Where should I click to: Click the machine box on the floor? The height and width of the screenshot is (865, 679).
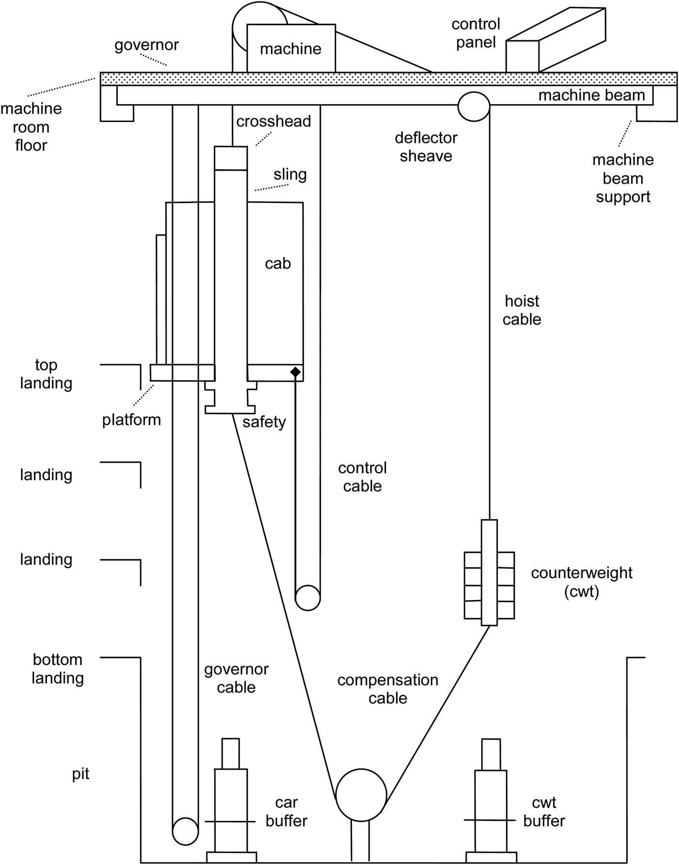click(291, 48)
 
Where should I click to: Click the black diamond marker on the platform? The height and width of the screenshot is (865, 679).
click(295, 372)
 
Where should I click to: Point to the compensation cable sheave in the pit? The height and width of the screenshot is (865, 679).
click(361, 795)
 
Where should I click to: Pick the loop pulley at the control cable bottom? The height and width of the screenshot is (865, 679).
click(307, 598)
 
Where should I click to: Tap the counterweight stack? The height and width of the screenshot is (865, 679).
click(489, 585)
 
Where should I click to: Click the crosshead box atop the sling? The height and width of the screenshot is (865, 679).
click(231, 158)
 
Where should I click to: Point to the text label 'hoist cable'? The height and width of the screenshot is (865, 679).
click(522, 310)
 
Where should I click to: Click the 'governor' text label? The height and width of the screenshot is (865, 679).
click(146, 45)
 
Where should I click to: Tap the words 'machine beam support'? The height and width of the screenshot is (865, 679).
click(623, 178)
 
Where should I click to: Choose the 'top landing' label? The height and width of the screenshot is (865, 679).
click(46, 374)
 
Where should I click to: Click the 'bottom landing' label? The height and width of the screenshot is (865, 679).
click(58, 668)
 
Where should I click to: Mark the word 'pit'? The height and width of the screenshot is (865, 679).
click(81, 773)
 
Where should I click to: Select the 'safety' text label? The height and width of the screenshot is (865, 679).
click(264, 422)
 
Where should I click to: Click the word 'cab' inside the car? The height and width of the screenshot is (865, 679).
click(278, 263)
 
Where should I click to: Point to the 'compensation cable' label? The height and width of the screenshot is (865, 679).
click(388, 689)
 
